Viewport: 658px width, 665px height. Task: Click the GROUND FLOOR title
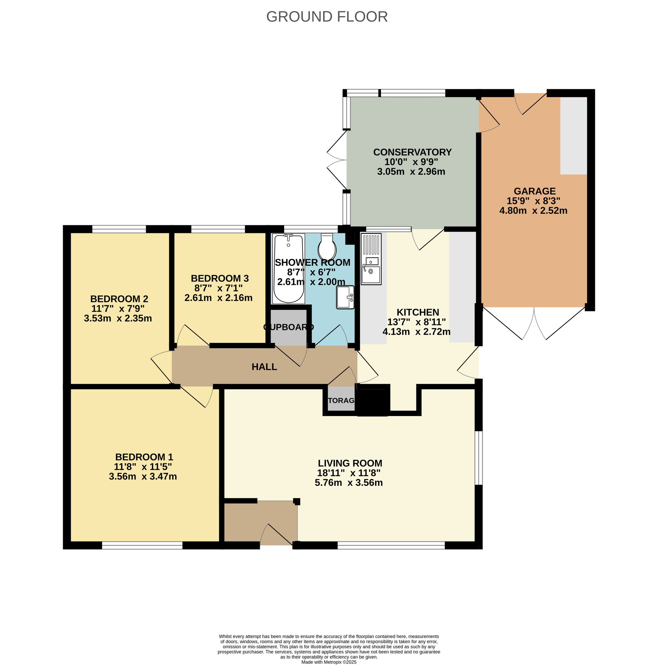[x=327, y=16]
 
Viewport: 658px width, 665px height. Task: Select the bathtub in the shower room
[x=288, y=268]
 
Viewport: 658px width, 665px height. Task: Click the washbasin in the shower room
[x=345, y=297]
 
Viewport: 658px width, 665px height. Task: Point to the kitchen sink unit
[x=371, y=259]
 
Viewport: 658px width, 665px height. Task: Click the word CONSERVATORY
[x=412, y=152]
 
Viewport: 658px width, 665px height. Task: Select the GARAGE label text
[x=534, y=191]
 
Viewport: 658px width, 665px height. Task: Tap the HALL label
[x=264, y=367]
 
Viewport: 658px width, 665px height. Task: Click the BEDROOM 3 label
[x=220, y=278]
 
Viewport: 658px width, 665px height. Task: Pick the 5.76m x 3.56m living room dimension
[x=348, y=482]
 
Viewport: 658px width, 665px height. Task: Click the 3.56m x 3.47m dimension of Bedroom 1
[x=142, y=476]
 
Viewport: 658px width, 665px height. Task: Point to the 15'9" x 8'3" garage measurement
[x=533, y=201]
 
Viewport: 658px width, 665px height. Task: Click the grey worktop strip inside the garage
[x=573, y=135]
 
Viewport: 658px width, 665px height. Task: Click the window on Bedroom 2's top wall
[x=119, y=229]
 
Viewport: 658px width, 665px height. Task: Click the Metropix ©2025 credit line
[x=329, y=662]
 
